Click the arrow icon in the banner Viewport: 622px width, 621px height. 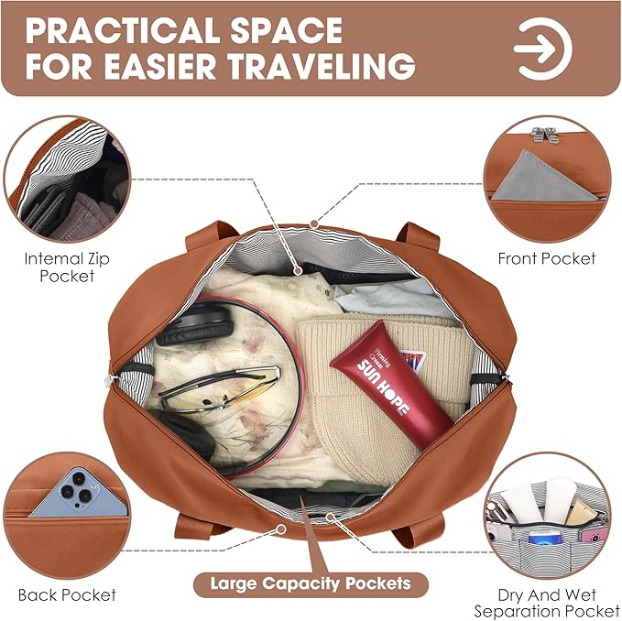542,49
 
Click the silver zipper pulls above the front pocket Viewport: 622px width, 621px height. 545,134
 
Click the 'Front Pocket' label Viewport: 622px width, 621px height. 547,258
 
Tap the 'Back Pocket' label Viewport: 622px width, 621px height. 67,594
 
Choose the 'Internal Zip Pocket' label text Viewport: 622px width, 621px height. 67,267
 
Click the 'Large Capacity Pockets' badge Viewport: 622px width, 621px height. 311,583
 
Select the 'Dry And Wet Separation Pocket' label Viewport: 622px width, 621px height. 547,604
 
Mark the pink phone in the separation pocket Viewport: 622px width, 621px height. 593,535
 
